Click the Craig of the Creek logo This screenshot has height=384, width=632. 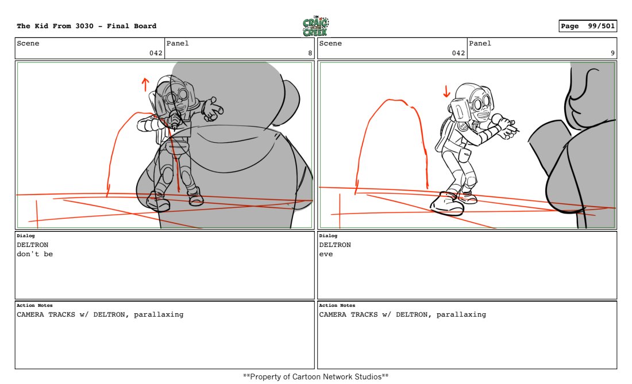pos(315,26)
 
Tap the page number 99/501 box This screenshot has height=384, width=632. pos(588,26)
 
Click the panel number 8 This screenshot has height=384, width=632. pos(310,53)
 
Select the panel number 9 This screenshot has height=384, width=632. pos(612,53)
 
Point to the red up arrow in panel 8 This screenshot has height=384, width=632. pos(145,85)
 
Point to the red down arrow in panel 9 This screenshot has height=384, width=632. pos(446,92)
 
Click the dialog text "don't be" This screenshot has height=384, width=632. pos(34,254)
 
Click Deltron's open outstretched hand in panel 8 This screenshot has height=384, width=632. pos(212,109)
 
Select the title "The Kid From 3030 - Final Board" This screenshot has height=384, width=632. pos(87,26)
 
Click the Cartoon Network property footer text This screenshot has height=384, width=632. pos(315,377)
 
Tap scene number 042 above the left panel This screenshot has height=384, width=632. pos(156,53)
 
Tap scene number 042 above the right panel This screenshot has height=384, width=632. pos(458,53)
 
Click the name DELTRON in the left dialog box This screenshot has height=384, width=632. pos(33,245)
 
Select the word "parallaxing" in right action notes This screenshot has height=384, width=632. pos(461,314)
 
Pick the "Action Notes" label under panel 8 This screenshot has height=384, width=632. pos(34,305)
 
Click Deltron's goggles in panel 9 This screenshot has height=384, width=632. pos(481,104)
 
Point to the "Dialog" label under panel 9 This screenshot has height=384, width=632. pos(328,236)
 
